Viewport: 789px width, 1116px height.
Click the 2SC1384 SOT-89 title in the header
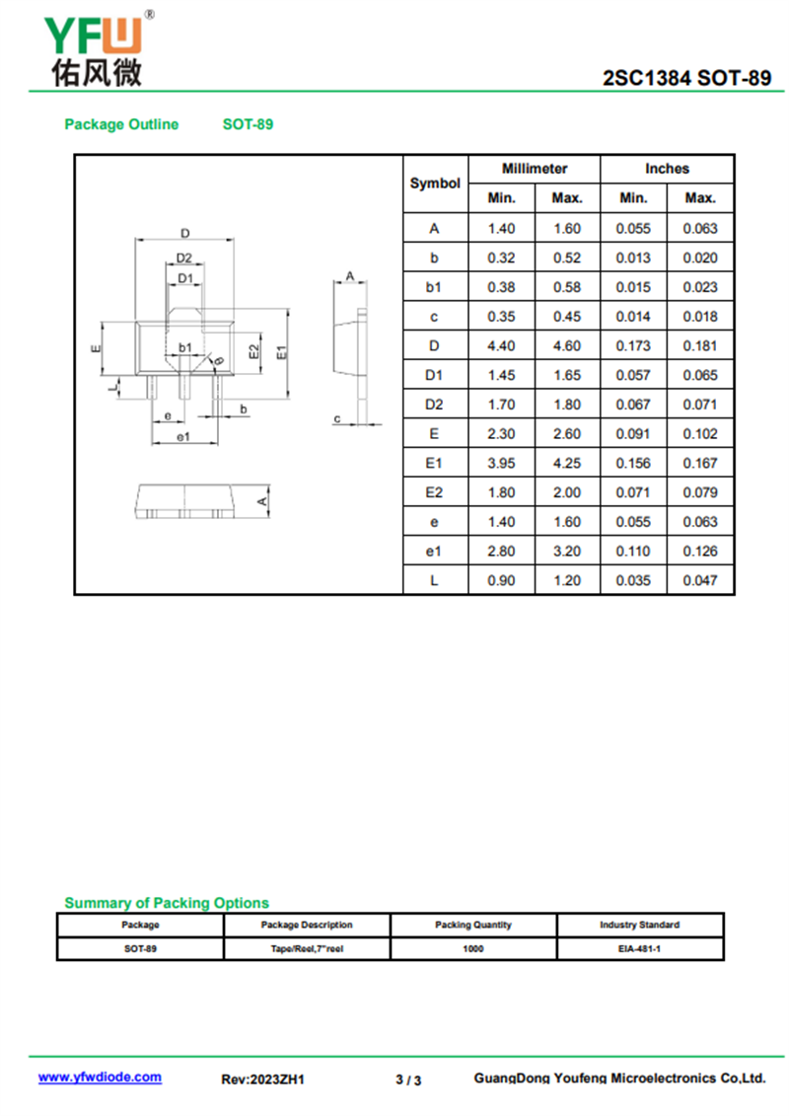(x=687, y=79)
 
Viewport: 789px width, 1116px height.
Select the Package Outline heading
(x=121, y=124)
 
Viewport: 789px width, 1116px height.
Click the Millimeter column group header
(x=535, y=169)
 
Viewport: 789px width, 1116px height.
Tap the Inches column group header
(x=667, y=169)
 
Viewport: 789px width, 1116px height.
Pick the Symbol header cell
(x=435, y=184)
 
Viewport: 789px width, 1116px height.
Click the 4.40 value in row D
(x=501, y=346)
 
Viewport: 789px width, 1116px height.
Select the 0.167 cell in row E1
(x=700, y=464)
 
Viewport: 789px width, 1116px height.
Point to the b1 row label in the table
(x=434, y=287)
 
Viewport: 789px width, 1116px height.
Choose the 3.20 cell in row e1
(x=567, y=552)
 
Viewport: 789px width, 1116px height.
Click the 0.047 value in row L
(x=700, y=580)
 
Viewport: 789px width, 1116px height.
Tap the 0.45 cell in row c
(x=567, y=317)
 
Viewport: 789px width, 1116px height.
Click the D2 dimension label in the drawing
(x=184, y=259)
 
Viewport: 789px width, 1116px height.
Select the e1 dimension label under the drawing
(x=182, y=436)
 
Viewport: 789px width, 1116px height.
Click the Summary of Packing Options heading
(x=167, y=903)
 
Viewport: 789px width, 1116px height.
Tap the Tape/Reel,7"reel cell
(x=307, y=948)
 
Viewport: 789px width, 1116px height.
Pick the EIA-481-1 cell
(x=640, y=948)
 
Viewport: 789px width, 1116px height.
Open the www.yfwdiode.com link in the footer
(x=100, y=1078)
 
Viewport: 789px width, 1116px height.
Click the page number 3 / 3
(x=408, y=1079)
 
